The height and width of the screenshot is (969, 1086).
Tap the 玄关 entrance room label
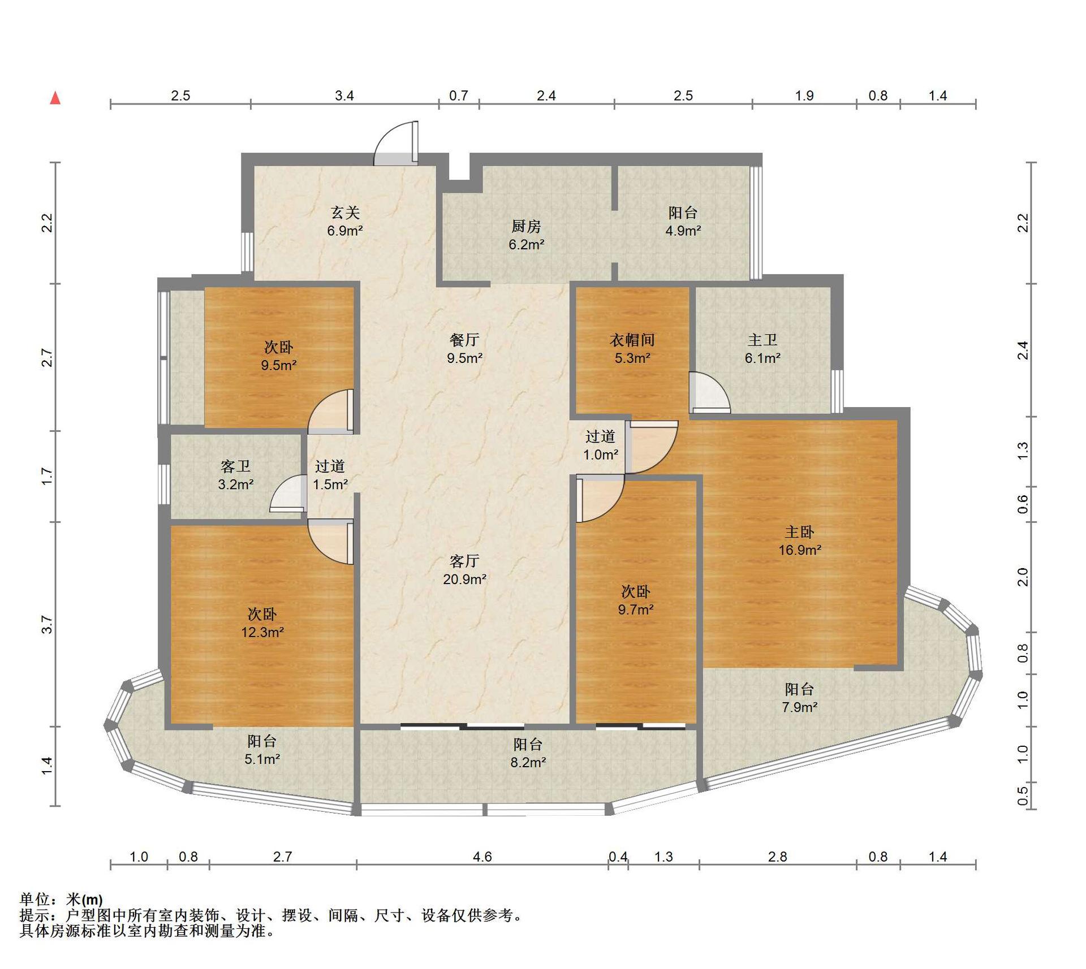pos(345,213)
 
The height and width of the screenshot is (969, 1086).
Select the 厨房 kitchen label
pos(526,227)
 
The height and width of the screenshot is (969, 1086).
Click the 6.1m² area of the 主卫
pos(762,358)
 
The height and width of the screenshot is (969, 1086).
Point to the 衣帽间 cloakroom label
pos(632,340)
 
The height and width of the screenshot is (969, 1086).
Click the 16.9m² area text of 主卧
pos(800,550)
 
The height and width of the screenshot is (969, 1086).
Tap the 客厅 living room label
pos(464,561)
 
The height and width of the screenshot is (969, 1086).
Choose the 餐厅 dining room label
pos(464,340)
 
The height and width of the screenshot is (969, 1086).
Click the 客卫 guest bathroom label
pos(235,466)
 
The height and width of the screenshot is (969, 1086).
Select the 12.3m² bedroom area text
pos(262,632)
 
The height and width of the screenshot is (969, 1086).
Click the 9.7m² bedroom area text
pos(636,609)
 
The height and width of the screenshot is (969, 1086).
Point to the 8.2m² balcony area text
pos(528,762)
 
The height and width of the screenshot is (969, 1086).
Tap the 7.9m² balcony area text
pos(800,707)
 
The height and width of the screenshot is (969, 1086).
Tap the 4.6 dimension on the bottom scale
pos(482,856)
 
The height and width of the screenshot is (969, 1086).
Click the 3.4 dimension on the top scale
pos(344,96)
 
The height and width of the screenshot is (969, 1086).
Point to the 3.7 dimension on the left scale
pos(47,625)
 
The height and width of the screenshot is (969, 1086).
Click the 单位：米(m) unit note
pos(61,899)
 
